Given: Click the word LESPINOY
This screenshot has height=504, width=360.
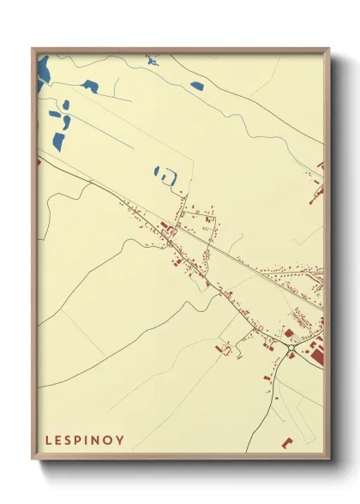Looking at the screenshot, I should [84, 440].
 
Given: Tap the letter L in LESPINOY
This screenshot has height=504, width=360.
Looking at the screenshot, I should [47, 440].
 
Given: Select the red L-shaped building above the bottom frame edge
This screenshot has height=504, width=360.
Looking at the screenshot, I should [287, 442].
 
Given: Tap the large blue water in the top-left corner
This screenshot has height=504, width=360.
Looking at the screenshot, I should [43, 70].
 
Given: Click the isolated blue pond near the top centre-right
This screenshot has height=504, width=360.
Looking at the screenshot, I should [197, 86].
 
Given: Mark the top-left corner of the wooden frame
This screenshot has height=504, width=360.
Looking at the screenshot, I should [33, 50].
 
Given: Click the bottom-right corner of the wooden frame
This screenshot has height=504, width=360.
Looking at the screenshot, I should [328, 459].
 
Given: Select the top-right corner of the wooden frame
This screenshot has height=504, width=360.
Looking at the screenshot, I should [328, 50].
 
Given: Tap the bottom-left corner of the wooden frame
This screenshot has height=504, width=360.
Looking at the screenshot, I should [33, 459].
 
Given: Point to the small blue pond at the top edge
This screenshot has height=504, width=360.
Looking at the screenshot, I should [153, 59].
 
